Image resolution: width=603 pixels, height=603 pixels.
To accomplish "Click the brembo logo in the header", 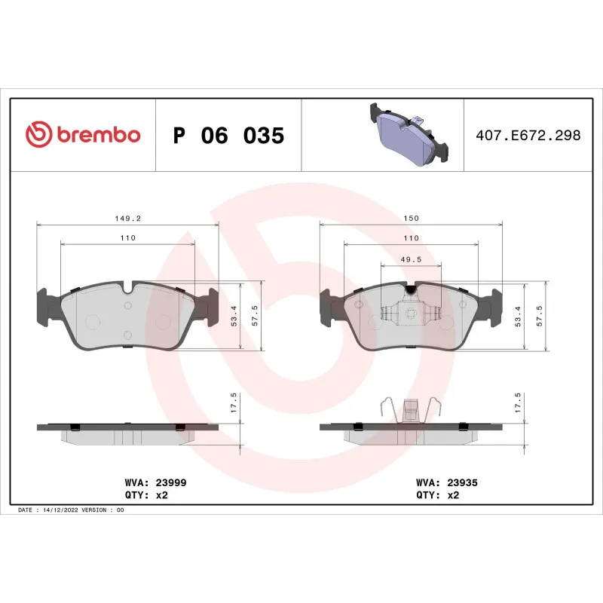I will point(83,135).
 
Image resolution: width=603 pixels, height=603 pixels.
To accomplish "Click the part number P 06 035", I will point(228,136).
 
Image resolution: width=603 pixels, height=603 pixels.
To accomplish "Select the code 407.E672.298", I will point(528,136).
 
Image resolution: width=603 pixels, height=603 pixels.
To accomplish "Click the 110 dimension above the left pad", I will point(127,237).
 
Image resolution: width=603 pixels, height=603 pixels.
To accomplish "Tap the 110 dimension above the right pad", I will point(411,237).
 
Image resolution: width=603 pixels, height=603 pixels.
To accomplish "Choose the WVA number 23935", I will point(462,482).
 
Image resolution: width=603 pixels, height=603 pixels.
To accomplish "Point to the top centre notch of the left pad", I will point(127,287).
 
